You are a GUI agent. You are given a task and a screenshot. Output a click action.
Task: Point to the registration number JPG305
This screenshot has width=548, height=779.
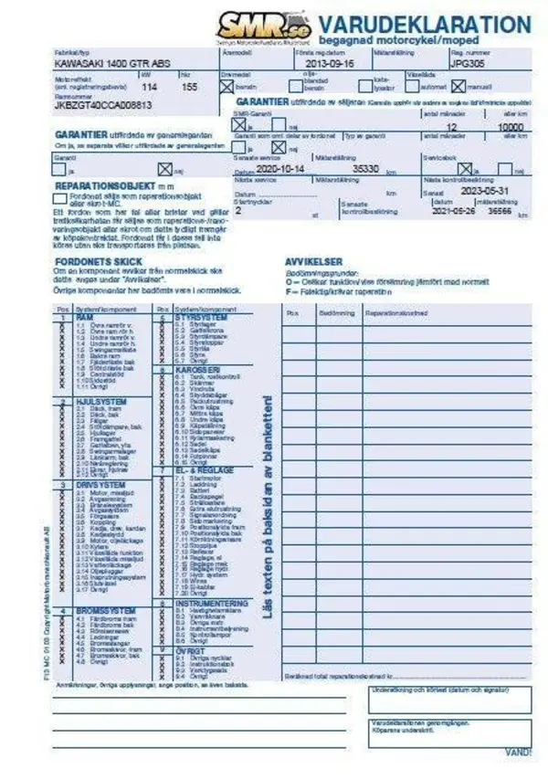tap(466, 67)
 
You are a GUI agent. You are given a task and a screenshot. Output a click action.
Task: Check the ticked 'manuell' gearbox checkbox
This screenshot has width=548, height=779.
tap(458, 87)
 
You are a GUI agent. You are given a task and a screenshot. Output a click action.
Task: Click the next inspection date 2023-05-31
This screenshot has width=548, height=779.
tap(486, 192)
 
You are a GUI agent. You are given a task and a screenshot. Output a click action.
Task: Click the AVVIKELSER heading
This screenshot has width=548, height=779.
tap(313, 261)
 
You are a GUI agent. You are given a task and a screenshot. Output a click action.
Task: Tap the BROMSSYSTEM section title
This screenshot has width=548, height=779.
tap(106, 610)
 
